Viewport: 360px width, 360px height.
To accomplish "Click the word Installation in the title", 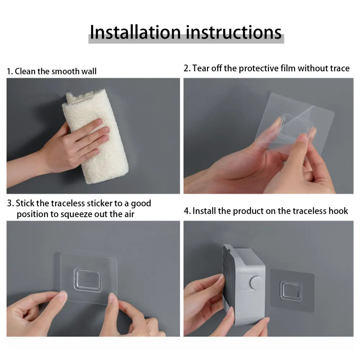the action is [x=135, y=32].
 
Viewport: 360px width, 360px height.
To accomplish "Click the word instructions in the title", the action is [x=234, y=32].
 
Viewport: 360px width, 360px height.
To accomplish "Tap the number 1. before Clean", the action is [x=10, y=71].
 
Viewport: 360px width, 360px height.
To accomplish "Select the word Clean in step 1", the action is [x=25, y=71].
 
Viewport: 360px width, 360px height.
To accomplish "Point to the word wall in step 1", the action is [x=89, y=71].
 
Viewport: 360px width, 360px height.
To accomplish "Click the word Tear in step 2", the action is [x=201, y=68].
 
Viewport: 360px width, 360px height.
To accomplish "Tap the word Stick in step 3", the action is [x=25, y=203].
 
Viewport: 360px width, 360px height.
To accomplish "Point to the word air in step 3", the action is [x=129, y=214].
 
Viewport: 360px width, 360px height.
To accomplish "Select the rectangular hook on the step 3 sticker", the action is [x=88, y=280].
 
